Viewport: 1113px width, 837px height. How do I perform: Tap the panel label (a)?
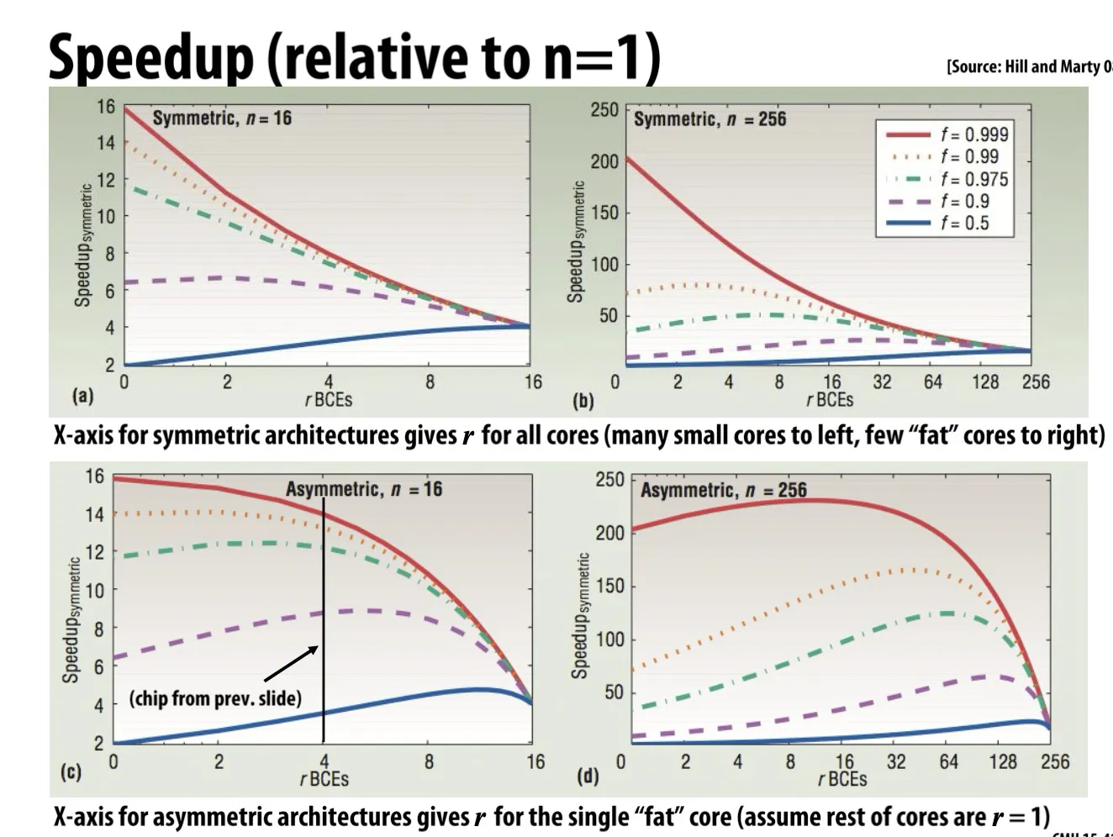83,395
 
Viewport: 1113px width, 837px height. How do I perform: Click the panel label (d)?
587,776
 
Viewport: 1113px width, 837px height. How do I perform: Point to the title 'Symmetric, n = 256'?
709,119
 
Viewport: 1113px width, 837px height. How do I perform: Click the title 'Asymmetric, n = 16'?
363,489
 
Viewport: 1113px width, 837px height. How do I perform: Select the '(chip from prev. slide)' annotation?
215,698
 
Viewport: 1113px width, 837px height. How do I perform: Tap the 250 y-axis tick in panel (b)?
604,110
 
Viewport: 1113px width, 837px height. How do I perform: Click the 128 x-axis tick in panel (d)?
1002,762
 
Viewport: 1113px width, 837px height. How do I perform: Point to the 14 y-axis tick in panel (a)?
106,143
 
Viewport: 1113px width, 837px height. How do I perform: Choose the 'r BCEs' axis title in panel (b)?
830,400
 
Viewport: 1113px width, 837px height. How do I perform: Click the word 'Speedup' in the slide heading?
151,57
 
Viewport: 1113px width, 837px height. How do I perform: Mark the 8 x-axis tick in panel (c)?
429,762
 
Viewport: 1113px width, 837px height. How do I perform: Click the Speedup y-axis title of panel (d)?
579,615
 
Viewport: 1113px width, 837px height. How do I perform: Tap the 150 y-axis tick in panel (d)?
610,586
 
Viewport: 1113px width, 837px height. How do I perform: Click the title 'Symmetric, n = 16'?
222,118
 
